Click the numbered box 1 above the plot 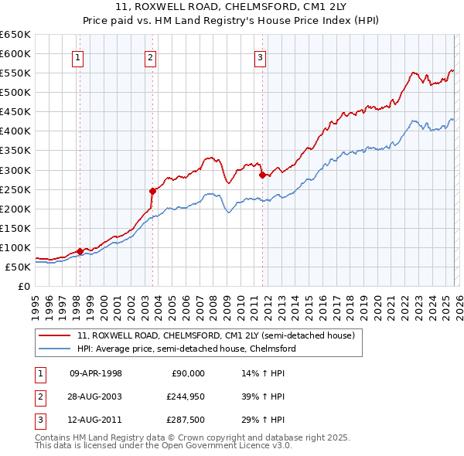[79, 56]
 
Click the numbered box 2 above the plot [150, 56]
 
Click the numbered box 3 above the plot [261, 56]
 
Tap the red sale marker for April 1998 [80, 251]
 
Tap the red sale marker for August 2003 [152, 191]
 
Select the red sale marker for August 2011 [261, 175]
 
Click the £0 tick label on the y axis [24, 286]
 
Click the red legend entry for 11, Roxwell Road [216, 336]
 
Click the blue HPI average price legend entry [186, 349]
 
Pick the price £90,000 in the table [188, 373]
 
